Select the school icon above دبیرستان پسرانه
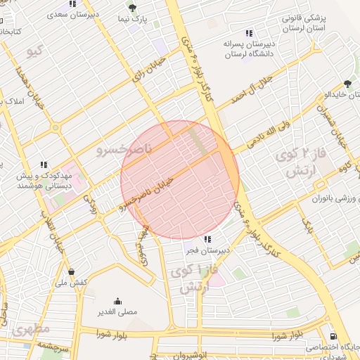[x=248, y=33]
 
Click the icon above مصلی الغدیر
[x=117, y=300]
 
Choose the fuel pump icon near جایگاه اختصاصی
[x=333, y=336]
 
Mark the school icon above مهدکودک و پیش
[x=44, y=165]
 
